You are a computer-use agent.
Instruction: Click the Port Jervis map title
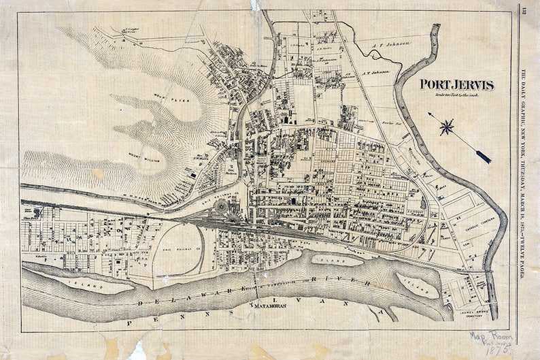coord(456,85)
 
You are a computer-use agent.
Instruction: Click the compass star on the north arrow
coord(447,127)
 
